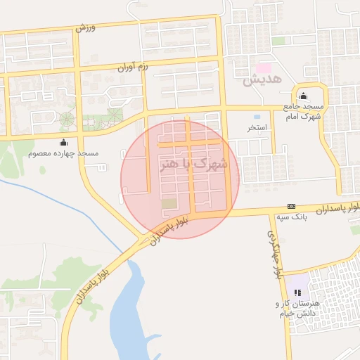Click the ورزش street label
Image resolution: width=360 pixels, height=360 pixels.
point(85,28)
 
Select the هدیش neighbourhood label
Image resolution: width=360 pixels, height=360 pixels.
point(262,80)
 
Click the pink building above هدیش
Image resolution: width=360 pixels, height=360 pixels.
point(263,68)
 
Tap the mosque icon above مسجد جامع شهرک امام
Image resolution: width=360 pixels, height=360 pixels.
point(303,96)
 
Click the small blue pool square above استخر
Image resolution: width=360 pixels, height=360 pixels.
point(256,116)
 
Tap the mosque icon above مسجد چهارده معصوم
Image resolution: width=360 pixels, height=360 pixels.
point(64,143)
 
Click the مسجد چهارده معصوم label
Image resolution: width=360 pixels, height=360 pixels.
point(64,153)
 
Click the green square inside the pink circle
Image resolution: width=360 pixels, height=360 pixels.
point(169,204)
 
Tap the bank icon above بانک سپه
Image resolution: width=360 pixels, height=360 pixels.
point(291,206)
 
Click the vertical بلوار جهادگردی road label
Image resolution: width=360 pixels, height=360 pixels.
point(276,253)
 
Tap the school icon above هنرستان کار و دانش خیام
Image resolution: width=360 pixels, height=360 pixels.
point(297,292)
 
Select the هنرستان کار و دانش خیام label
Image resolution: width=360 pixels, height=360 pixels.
point(297,308)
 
